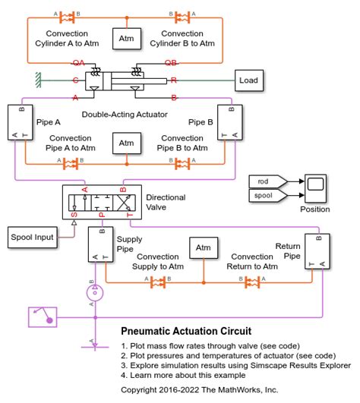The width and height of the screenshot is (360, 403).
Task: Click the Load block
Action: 248,80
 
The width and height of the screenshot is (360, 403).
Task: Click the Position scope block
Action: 314,187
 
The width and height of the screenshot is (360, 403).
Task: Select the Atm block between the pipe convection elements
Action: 126,142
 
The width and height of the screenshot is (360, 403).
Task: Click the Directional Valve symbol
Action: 100,201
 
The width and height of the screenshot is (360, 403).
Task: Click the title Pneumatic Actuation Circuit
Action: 186,332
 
